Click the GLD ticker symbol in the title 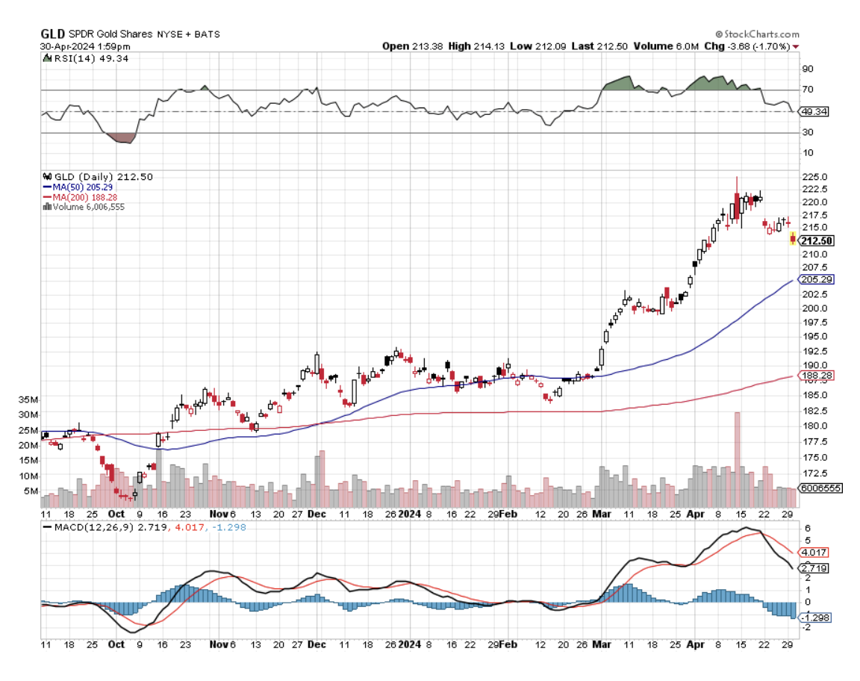coord(52,34)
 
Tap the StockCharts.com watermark coord(757,34)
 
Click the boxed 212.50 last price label coord(816,240)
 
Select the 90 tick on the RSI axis coord(807,69)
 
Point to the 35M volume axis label coord(31,400)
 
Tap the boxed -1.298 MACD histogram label coord(814,618)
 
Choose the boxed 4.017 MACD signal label coord(814,553)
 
